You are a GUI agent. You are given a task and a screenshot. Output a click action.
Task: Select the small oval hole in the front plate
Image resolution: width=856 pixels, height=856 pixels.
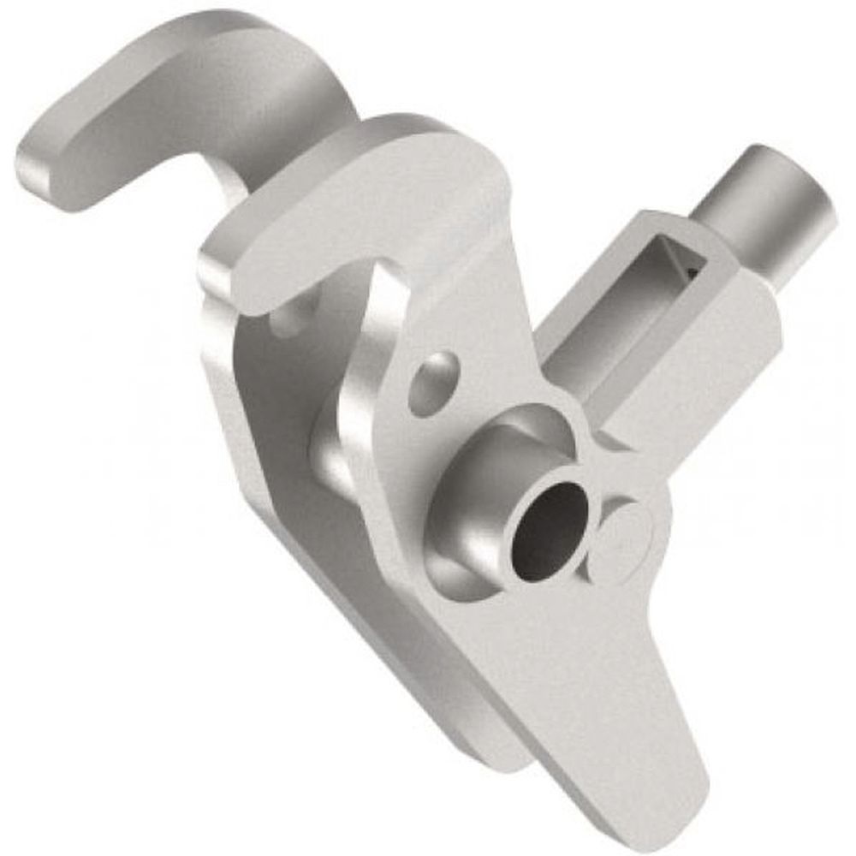(x=432, y=384)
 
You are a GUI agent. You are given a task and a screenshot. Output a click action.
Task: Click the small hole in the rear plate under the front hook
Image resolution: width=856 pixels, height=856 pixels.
(x=287, y=318)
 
